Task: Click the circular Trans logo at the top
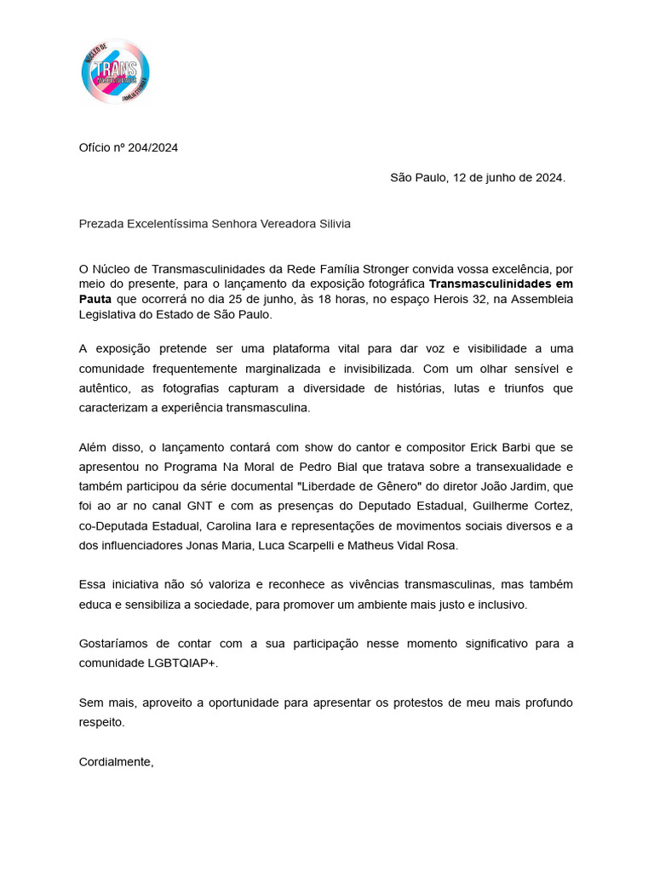tap(116, 72)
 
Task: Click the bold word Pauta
tap(95, 299)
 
